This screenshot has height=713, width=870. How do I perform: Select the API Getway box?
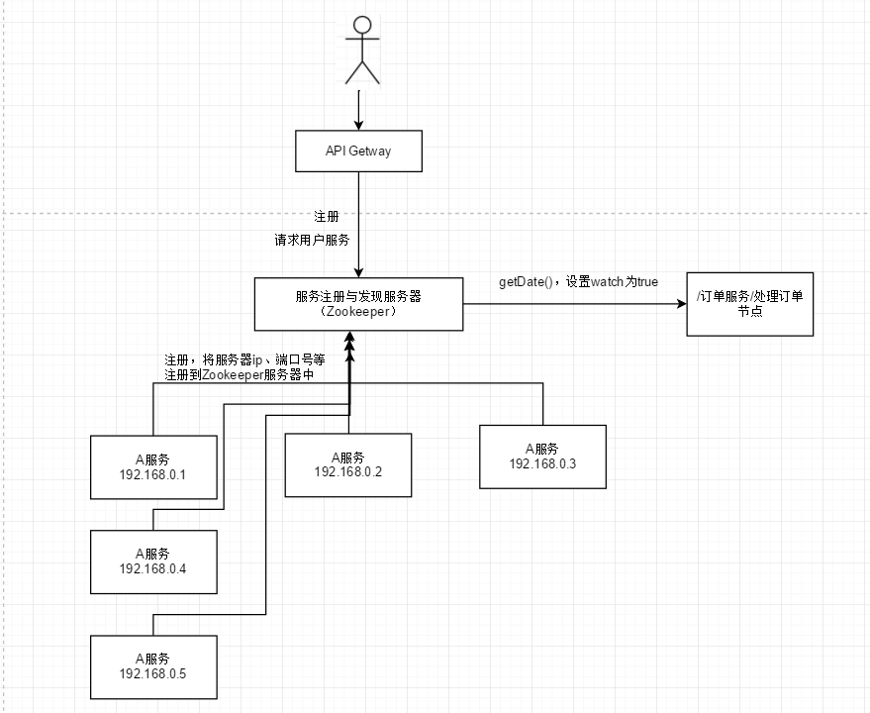[x=359, y=152]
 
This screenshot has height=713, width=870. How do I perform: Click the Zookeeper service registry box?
[x=359, y=303]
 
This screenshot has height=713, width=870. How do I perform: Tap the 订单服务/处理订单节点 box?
[x=750, y=304]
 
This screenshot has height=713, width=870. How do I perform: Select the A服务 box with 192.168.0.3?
[x=542, y=456]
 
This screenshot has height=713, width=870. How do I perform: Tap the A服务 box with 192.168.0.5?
[x=153, y=666]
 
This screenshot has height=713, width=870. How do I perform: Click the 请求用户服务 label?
[x=312, y=240]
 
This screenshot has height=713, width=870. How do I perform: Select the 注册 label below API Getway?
[x=327, y=216]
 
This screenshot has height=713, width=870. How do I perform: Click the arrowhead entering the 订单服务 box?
[x=681, y=304]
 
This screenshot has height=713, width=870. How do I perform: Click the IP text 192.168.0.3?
[x=542, y=463]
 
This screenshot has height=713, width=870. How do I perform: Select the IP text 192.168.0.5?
[x=153, y=674]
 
